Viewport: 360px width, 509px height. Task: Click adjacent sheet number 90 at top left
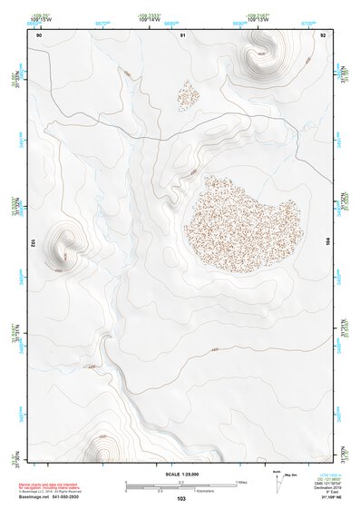(39, 34)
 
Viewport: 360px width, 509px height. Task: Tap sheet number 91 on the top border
(182, 34)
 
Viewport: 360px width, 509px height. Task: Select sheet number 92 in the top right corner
(324, 34)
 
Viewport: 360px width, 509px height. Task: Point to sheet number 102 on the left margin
(33, 243)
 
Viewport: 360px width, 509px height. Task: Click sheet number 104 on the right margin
(329, 243)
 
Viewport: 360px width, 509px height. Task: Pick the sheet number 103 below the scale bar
(181, 499)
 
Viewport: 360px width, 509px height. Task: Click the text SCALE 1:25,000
(181, 475)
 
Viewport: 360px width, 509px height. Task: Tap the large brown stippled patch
(242, 220)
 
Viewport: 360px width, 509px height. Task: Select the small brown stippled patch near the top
(189, 93)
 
